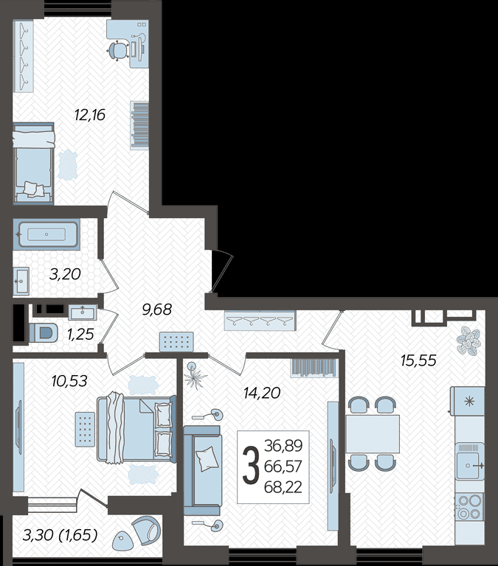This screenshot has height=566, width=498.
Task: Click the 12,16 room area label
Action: tap(89, 115)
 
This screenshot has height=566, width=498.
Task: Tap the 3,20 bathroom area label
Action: tap(65, 274)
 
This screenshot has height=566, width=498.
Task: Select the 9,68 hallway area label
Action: tap(157, 310)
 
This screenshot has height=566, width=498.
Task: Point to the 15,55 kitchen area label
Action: tap(418, 360)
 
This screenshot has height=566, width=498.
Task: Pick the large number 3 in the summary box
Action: tap(251, 467)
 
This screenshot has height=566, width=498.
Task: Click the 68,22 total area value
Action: tap(283, 487)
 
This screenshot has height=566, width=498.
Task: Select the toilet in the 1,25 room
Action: tap(44, 332)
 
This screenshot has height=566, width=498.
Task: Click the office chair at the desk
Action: tap(118, 50)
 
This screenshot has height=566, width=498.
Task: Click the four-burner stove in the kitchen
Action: tap(469, 506)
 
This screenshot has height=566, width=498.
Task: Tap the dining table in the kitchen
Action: tap(373, 434)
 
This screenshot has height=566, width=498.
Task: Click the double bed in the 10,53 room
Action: tap(136, 429)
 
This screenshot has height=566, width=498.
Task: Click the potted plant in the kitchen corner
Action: tap(468, 341)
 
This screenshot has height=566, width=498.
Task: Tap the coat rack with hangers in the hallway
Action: tap(260, 321)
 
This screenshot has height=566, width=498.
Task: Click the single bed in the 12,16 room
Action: tap(34, 163)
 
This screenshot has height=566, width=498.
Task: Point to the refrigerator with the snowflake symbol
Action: tap(467, 401)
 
